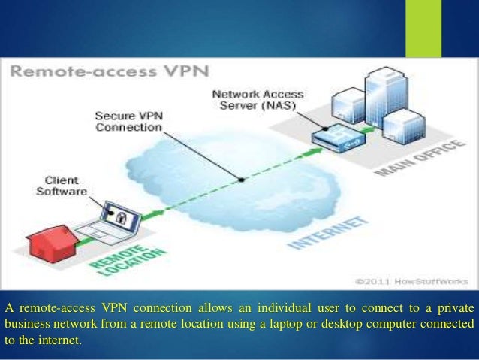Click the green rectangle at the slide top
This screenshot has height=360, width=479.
(x=423, y=29)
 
